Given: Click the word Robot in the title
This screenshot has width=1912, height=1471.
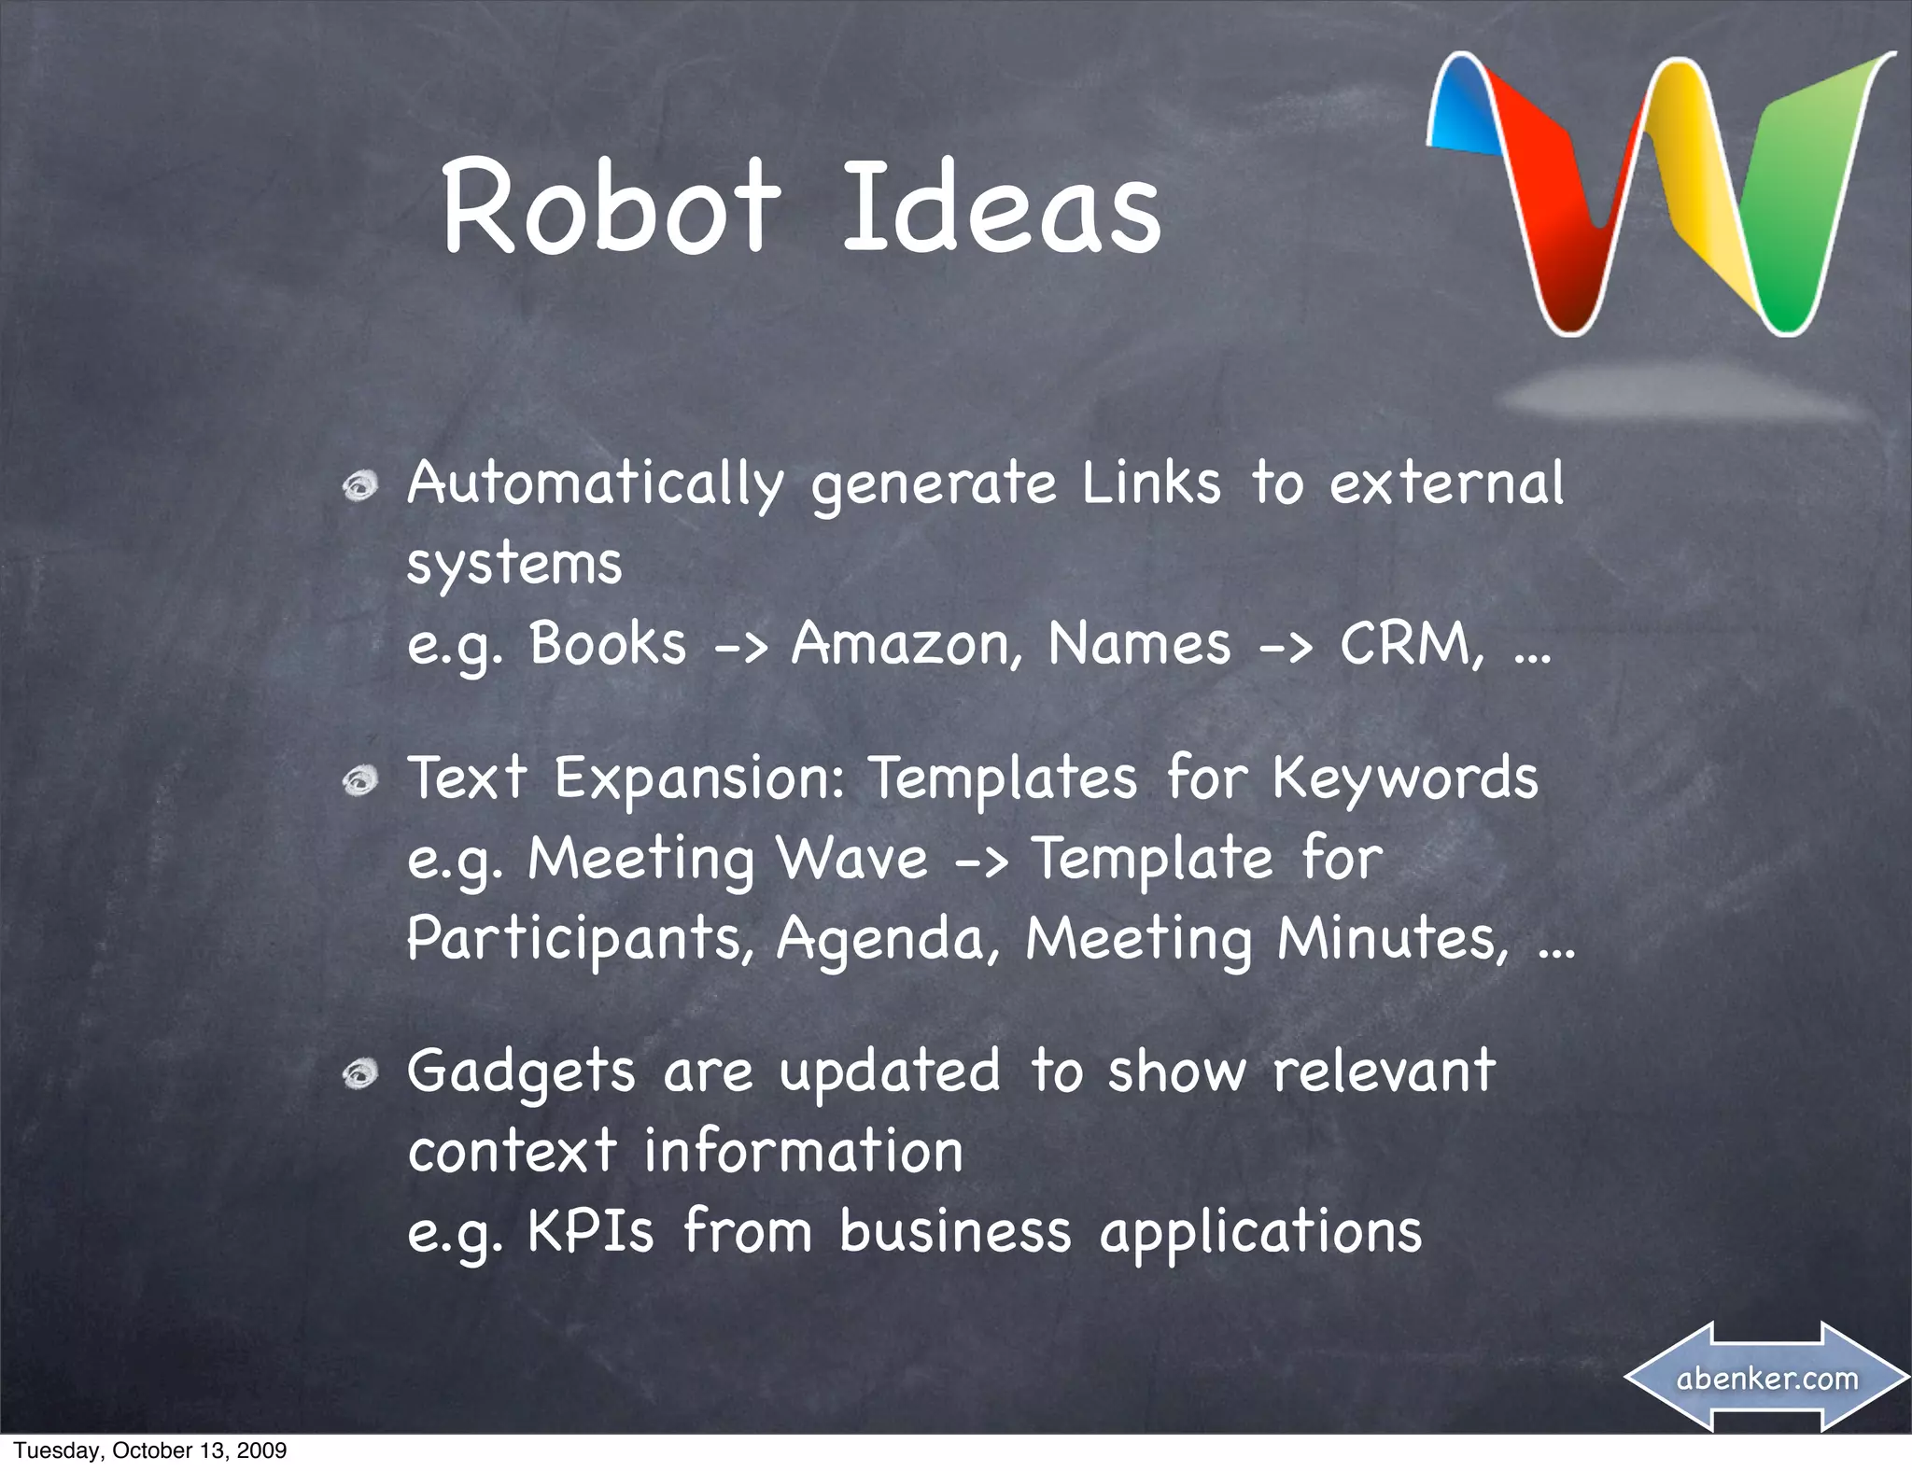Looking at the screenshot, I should click(x=609, y=207).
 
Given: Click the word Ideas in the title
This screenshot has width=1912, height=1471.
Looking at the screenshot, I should click(x=1001, y=207).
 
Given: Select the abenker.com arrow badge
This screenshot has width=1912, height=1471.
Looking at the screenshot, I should click(x=1766, y=1378).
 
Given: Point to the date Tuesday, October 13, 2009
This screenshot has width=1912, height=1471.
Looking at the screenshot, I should click(x=149, y=1450).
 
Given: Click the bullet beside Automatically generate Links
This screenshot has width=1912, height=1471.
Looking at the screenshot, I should click(x=359, y=485).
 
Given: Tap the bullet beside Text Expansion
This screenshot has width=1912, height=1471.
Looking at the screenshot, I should click(x=359, y=780).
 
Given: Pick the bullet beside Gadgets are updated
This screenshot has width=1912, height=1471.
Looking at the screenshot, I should click(x=359, y=1074).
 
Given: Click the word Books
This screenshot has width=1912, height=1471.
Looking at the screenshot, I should click(x=608, y=645).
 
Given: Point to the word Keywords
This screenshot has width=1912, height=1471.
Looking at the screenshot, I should click(x=1405, y=778).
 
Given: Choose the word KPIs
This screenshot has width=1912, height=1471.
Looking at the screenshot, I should click(x=591, y=1231).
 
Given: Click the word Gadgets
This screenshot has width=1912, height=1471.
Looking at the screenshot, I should click(x=520, y=1072).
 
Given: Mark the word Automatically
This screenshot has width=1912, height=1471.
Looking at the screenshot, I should click(x=595, y=485).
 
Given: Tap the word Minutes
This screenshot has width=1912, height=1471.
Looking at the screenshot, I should click(x=1391, y=938).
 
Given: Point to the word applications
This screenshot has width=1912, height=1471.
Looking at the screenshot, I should click(x=1260, y=1233).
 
